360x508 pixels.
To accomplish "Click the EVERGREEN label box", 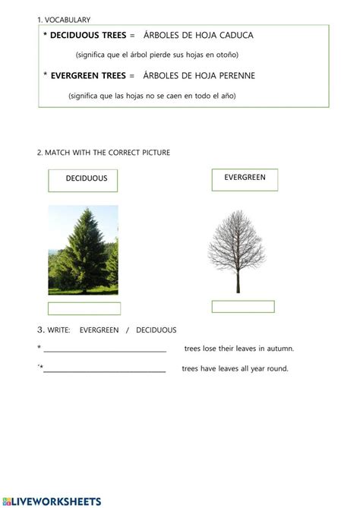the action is coord(245,179).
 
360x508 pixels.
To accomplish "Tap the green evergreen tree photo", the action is coord(83,250).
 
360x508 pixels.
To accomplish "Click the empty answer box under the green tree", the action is coord(84,308).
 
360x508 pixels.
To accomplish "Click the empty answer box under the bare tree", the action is coord(243,307).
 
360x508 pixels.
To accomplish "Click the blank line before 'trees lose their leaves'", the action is coord(105,349).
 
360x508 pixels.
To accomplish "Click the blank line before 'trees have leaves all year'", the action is coord(105,370).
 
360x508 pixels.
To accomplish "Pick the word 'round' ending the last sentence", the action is coord(278,369).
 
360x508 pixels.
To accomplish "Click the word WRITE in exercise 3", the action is coord(59,330).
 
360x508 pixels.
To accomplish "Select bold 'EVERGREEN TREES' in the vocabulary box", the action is coord(88,75).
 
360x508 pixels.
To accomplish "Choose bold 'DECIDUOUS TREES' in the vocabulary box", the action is coord(87,35).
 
